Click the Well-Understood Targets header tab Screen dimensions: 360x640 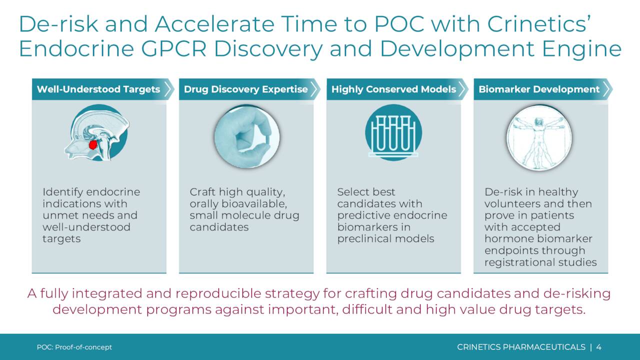[x=98, y=89]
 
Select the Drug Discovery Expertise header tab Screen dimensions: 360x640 [x=245, y=89]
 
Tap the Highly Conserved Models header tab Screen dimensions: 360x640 [x=393, y=89]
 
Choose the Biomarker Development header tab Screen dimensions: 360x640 [x=539, y=89]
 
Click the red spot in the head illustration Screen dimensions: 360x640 [x=92, y=145]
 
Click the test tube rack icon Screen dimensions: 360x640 [x=393, y=134]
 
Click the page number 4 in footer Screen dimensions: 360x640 [x=599, y=347]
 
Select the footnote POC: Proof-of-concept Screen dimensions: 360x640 [x=74, y=347]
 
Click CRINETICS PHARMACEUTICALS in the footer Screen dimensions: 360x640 [x=521, y=347]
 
